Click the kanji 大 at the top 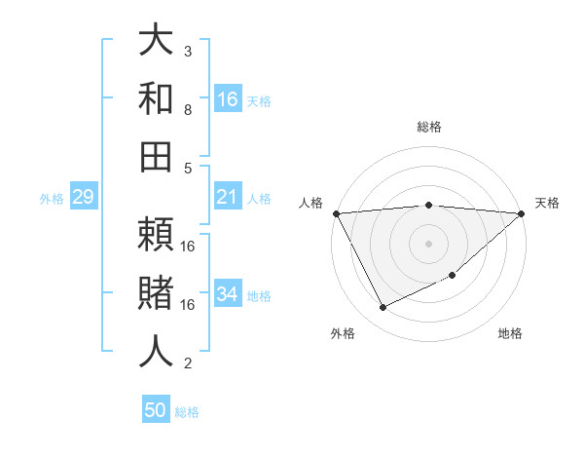tap(156, 40)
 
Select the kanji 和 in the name tap(156, 97)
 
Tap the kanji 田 tap(156, 155)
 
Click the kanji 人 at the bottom tap(156, 351)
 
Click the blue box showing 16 tap(228, 98)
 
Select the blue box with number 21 tap(228, 198)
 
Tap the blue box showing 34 tap(228, 294)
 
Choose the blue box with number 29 tap(83, 198)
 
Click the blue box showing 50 tap(156, 410)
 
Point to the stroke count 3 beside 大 tap(188, 51)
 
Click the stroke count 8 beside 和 tap(188, 110)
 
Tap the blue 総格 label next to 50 tap(187, 412)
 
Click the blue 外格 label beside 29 tap(52, 199)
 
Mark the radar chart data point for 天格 tap(522, 213)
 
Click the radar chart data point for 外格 tap(383, 308)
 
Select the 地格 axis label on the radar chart tap(510, 334)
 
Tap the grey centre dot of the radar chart tap(428, 243)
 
